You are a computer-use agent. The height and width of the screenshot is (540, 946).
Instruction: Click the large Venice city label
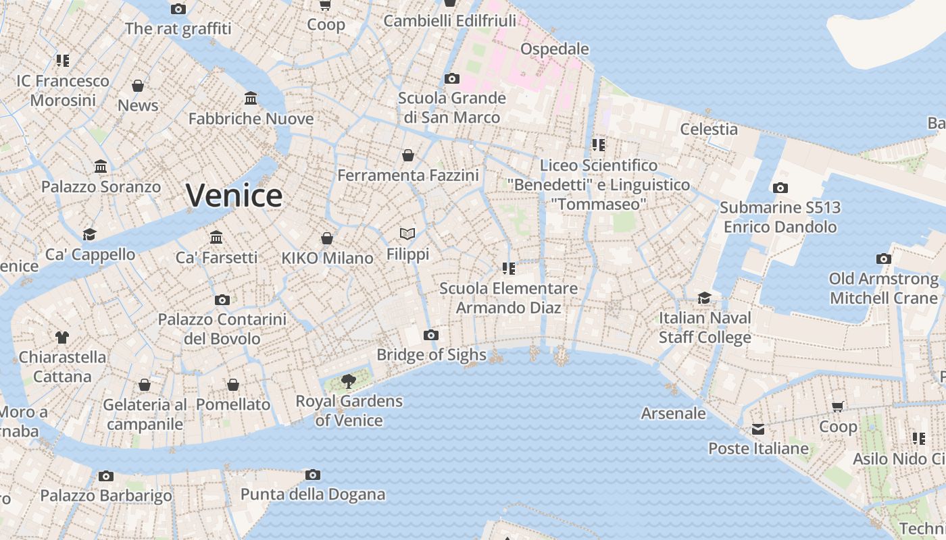234,196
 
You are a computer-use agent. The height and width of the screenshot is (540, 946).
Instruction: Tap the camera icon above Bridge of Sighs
430,335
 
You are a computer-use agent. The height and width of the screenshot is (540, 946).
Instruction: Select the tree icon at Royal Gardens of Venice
349,381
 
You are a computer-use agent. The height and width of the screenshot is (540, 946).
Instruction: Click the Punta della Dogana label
313,494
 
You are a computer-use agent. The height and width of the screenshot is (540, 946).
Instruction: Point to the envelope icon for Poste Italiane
758,429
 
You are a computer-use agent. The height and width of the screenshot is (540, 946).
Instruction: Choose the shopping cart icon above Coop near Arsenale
838,406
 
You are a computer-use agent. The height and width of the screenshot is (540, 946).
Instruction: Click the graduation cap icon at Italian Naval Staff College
705,298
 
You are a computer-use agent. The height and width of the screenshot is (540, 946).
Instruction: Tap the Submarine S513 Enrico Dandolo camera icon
780,188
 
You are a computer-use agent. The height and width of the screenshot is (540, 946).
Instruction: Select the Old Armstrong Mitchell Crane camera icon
883,259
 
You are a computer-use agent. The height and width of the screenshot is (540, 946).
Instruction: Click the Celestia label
709,129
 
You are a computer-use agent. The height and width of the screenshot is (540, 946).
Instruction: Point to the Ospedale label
554,49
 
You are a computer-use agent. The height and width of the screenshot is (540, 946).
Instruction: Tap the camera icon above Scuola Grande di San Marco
452,78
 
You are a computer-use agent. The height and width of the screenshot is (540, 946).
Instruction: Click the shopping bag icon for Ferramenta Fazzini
408,155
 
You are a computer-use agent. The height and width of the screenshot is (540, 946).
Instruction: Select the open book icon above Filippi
407,234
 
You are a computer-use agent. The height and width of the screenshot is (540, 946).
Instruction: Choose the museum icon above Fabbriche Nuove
251,99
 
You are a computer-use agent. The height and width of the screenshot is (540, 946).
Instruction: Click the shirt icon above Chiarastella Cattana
62,337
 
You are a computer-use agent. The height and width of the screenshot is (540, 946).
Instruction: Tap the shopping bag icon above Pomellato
233,385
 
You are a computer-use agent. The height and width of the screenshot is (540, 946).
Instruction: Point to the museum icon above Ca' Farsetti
216,237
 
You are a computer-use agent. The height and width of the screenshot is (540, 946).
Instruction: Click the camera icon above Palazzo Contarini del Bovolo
222,300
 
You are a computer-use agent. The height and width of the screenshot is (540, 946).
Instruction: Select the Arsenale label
673,413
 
